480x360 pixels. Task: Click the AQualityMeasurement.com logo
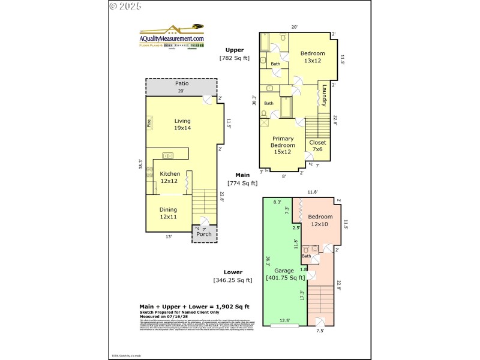[x=172, y=37]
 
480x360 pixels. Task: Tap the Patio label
[x=182, y=83]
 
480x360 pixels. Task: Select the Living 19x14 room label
[x=182, y=124]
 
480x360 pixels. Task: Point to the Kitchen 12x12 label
[x=169, y=177]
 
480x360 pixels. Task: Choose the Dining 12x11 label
[x=168, y=213]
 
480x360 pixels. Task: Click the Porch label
[x=204, y=234]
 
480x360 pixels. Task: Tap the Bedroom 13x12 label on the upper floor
[x=313, y=57]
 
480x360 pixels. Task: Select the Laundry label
[x=323, y=96]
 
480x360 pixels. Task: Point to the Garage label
[x=285, y=274]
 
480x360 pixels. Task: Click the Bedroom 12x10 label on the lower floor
[x=320, y=220]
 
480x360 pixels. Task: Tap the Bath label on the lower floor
[x=306, y=256]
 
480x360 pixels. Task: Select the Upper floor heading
[x=234, y=50]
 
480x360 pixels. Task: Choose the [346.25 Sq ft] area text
[x=233, y=280]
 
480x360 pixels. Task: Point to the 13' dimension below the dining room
[x=169, y=236]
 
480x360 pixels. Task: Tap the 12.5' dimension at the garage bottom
[x=285, y=320]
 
